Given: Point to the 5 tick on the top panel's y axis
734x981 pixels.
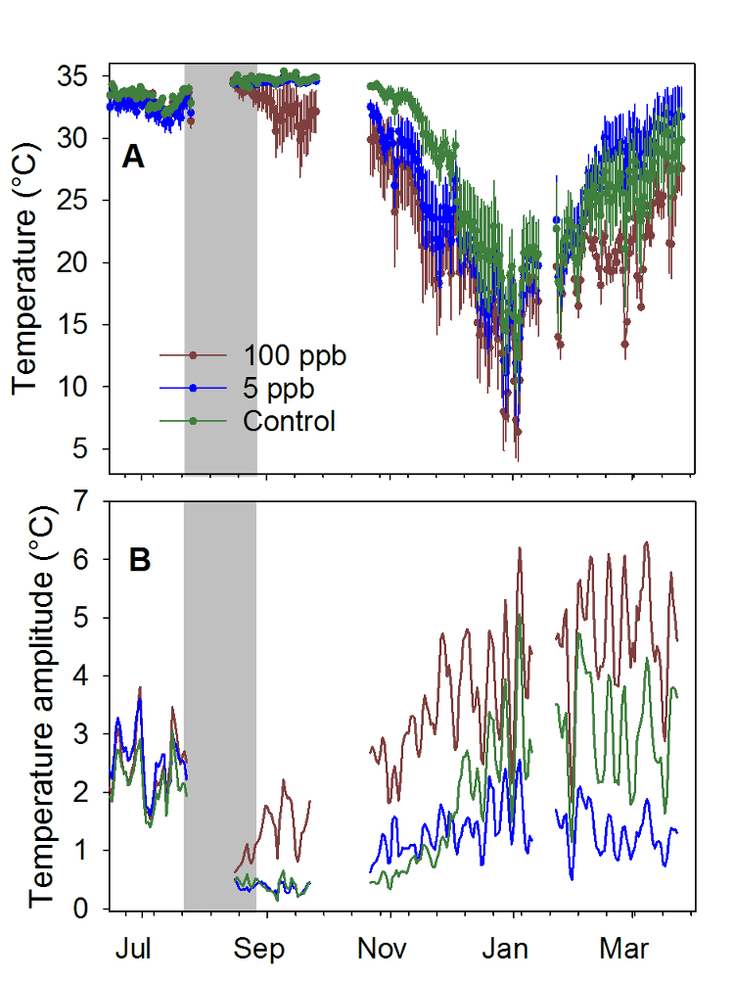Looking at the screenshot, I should click(86, 449).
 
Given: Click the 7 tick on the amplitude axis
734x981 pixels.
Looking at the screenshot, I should click(86, 501).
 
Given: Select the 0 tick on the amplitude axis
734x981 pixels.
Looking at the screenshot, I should click(86, 909).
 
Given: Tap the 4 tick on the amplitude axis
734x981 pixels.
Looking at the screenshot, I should click(86, 676).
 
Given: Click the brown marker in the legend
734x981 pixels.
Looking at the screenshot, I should click(194, 354).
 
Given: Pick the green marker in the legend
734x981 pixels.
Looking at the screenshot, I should click(194, 421).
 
